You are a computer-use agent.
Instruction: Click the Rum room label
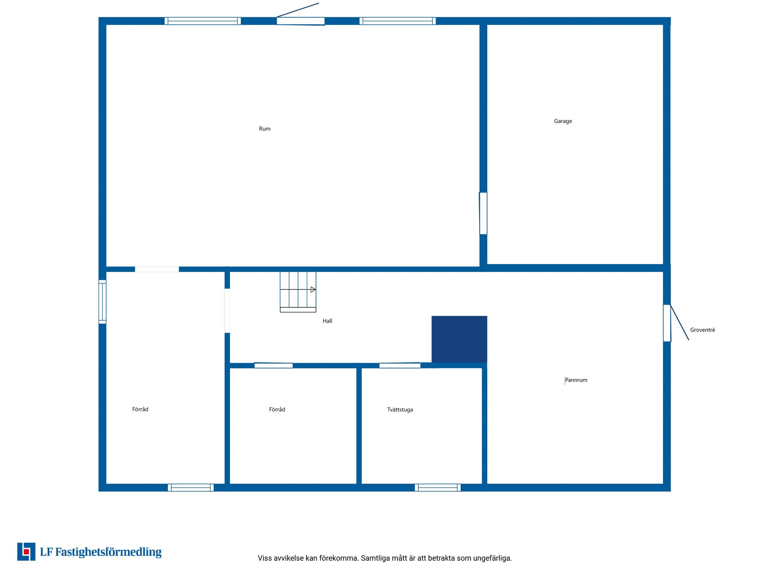[x=265, y=129]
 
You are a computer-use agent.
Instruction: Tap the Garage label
[x=563, y=121]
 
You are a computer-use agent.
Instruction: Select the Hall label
[x=327, y=321]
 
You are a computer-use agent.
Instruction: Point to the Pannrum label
[x=576, y=380]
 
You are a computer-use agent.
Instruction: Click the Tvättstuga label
[x=400, y=410]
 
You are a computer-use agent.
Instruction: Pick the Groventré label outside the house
[x=703, y=330]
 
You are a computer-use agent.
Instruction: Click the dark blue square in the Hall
[x=459, y=339]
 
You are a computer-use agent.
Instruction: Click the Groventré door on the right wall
[x=667, y=323]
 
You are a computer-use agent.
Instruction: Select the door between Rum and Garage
[x=483, y=213]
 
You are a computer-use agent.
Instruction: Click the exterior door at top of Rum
[x=301, y=21]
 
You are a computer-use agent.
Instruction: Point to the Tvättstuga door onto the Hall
[x=400, y=365]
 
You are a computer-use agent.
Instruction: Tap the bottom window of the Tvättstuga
[x=438, y=488]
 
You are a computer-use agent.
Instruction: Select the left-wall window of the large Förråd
[x=102, y=302]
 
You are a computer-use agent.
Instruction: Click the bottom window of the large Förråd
[x=190, y=488]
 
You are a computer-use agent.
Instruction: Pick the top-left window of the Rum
[x=203, y=21]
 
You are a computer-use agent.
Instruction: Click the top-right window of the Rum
[x=397, y=21]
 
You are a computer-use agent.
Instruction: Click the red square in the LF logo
[x=26, y=552]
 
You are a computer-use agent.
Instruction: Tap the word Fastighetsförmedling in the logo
[x=108, y=552]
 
